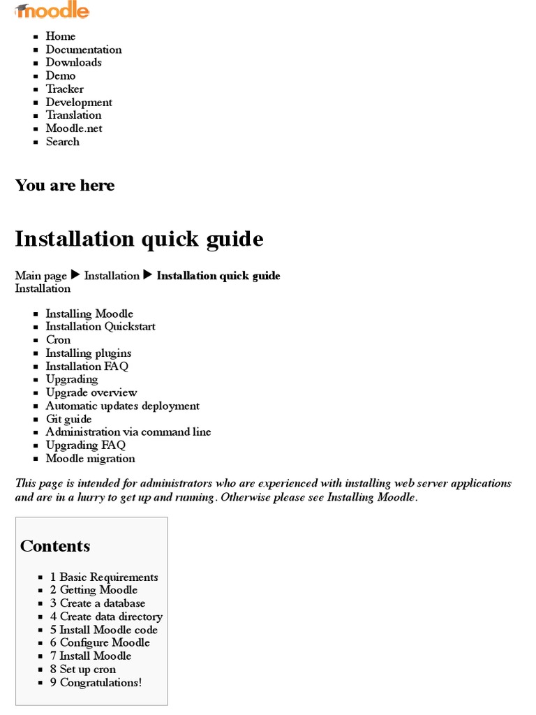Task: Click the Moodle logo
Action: pyautogui.click(x=52, y=11)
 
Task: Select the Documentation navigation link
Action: pyautogui.click(x=84, y=50)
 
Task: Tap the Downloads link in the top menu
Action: pyautogui.click(x=73, y=62)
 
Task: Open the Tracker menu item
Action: pyautogui.click(x=64, y=89)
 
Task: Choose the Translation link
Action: pyautogui.click(x=73, y=115)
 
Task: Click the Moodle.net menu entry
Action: pyautogui.click(x=74, y=128)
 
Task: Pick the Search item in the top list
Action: pyautogui.click(x=62, y=142)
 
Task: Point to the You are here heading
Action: pyautogui.click(x=65, y=185)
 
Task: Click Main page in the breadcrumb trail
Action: pyautogui.click(x=41, y=276)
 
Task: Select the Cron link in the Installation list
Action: pyautogui.click(x=58, y=340)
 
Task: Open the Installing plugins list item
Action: pyautogui.click(x=89, y=353)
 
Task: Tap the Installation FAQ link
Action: pyautogui.click(x=87, y=367)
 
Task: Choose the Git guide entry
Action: pyautogui.click(x=68, y=419)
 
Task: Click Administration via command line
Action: pyautogui.click(x=128, y=432)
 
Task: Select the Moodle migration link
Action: pyautogui.click(x=90, y=459)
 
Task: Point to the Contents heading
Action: pyautogui.click(x=55, y=546)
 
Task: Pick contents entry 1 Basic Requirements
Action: pyautogui.click(x=104, y=577)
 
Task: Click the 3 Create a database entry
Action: pyautogui.click(x=98, y=603)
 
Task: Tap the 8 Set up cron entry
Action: pyautogui.click(x=83, y=670)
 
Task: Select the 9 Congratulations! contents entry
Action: pyautogui.click(x=96, y=683)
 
